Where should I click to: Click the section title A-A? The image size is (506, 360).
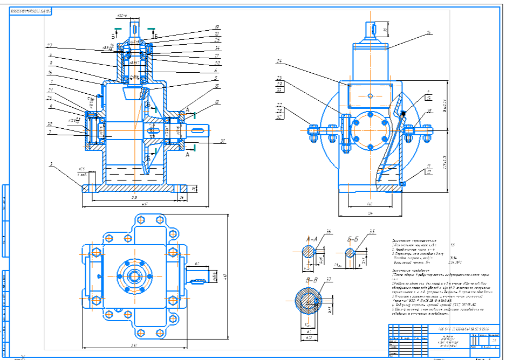311,238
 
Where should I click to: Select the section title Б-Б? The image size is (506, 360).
353,238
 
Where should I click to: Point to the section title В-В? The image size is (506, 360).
311,280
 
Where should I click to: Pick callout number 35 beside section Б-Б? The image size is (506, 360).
372,232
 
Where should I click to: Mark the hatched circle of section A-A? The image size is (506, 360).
308,252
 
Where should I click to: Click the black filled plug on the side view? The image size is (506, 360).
402,113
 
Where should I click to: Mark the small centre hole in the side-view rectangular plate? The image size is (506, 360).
370,96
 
